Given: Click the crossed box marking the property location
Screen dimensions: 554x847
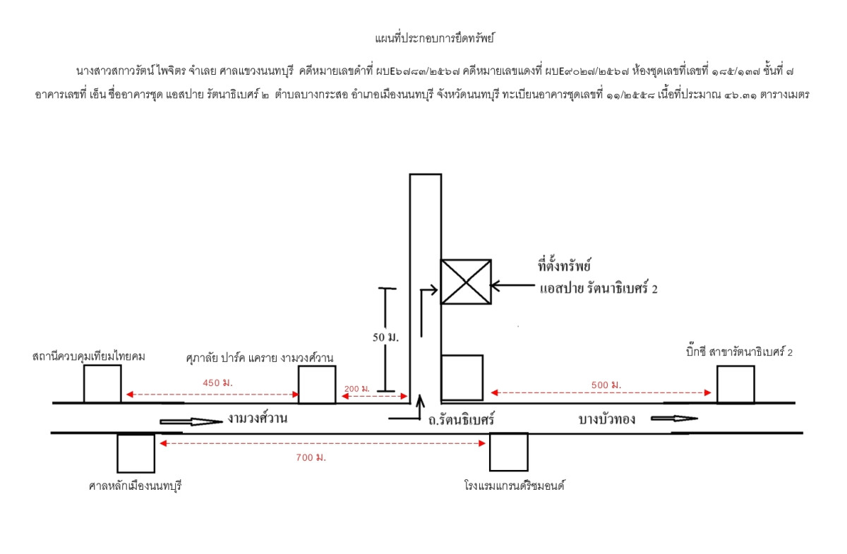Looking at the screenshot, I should pyautogui.click(x=466, y=282).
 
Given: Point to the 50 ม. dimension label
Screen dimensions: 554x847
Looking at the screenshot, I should pyautogui.click(x=385, y=337).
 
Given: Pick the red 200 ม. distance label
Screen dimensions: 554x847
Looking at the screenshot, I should pyautogui.click(x=357, y=389).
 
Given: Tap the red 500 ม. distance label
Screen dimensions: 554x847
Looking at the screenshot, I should pyautogui.click(x=606, y=385).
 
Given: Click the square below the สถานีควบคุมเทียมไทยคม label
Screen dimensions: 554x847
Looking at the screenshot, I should pyautogui.click(x=102, y=384).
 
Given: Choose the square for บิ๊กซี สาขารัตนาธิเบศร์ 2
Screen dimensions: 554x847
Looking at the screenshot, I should pyautogui.click(x=735, y=385).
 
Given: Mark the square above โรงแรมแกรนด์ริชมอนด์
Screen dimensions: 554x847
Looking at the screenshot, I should pyautogui.click(x=509, y=452).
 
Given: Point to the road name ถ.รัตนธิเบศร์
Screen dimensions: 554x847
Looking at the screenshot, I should pyautogui.click(x=459, y=418).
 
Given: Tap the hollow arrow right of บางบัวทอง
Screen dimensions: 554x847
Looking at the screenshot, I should pyautogui.click(x=674, y=418).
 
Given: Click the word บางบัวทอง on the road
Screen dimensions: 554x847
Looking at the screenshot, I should pyautogui.click(x=607, y=418).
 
